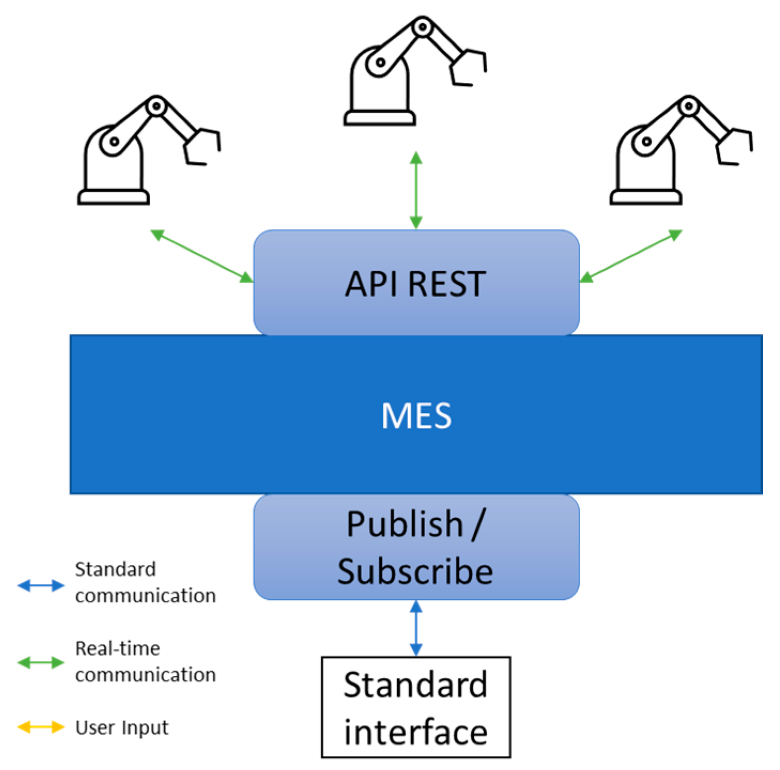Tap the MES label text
tap(416, 415)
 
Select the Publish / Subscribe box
tap(416, 547)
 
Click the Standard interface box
tap(416, 707)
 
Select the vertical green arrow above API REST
tap(416, 190)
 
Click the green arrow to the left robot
tap(202, 256)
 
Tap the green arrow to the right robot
tap(631, 256)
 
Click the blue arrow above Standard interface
tap(416, 628)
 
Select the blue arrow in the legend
tap(41, 585)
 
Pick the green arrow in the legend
tap(41, 663)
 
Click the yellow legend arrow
tap(41, 727)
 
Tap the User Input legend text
tap(122, 727)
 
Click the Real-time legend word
tap(118, 648)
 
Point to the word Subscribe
tap(415, 571)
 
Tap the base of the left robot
tap(113, 197)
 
